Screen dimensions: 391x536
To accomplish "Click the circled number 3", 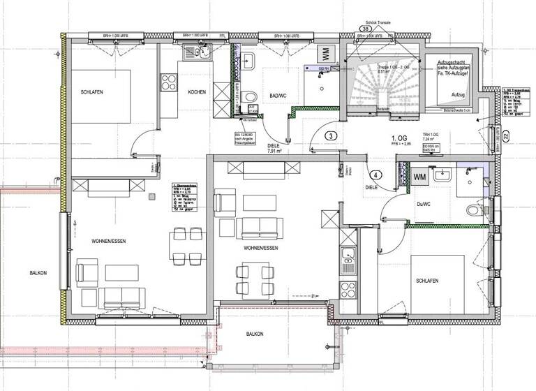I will coord(332,135).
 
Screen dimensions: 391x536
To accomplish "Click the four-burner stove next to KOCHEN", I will coord(168,82).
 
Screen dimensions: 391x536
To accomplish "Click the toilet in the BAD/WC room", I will coord(250,96).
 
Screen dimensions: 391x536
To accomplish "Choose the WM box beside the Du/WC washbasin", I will coord(420,177).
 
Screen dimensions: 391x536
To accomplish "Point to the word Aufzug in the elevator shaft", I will coord(458,94).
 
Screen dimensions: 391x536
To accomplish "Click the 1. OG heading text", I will coord(399,138).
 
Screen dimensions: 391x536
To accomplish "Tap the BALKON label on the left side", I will coord(38,272).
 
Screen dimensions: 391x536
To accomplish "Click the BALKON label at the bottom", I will coord(255,334).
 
